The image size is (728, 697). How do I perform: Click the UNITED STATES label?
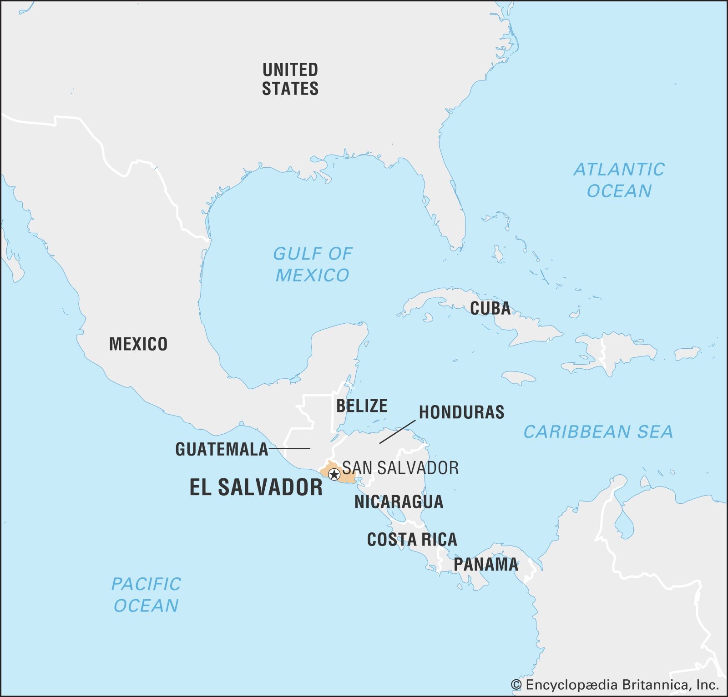point(290,79)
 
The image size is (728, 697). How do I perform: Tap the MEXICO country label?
point(138,344)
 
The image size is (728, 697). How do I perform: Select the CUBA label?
point(490,308)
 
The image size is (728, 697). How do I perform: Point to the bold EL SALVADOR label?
point(256,487)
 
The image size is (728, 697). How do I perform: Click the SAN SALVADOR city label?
point(400,468)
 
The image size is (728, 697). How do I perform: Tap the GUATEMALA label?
point(222,449)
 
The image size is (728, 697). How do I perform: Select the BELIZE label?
point(362,406)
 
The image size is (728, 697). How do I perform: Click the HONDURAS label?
point(461,412)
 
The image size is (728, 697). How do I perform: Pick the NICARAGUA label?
point(399,501)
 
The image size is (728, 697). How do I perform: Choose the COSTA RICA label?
point(412,539)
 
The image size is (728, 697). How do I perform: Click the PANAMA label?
point(486,564)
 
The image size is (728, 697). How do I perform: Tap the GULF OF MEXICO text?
point(313,264)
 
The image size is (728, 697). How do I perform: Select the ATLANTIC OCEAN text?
point(619,180)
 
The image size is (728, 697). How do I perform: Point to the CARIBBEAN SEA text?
point(598,431)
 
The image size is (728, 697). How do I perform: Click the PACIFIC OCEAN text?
point(146,595)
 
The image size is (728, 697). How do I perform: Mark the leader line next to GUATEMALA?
point(290,449)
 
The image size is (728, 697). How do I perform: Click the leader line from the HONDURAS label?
point(397,431)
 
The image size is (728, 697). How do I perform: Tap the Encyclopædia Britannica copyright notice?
point(614,685)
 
